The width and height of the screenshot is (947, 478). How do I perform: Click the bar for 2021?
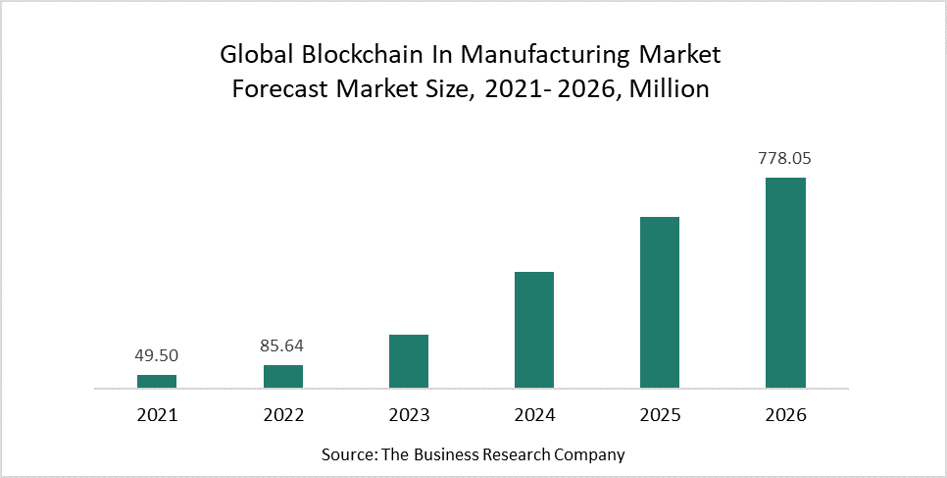(157, 381)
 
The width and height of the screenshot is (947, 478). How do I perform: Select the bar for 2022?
(283, 376)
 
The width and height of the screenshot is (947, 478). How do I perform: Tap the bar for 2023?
(409, 361)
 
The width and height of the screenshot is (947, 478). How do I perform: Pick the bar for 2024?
(534, 330)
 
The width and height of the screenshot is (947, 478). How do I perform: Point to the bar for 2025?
(660, 302)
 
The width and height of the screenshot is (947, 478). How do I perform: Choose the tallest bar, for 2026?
(785, 283)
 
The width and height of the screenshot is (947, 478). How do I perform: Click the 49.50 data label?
(157, 356)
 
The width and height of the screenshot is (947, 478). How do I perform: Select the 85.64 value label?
(283, 345)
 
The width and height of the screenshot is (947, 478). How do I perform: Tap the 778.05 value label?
(785, 158)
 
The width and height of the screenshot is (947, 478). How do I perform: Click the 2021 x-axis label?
(157, 415)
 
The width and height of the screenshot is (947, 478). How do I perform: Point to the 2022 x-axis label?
(283, 415)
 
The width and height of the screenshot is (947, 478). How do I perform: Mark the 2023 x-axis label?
(409, 415)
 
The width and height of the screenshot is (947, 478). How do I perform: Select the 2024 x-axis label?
(534, 415)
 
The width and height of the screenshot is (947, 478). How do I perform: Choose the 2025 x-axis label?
(660, 415)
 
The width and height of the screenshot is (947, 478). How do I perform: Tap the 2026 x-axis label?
(785, 415)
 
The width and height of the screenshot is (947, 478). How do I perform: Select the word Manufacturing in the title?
(559, 53)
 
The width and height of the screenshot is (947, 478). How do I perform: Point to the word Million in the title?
(669, 89)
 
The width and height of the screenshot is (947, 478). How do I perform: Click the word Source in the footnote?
(348, 454)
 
